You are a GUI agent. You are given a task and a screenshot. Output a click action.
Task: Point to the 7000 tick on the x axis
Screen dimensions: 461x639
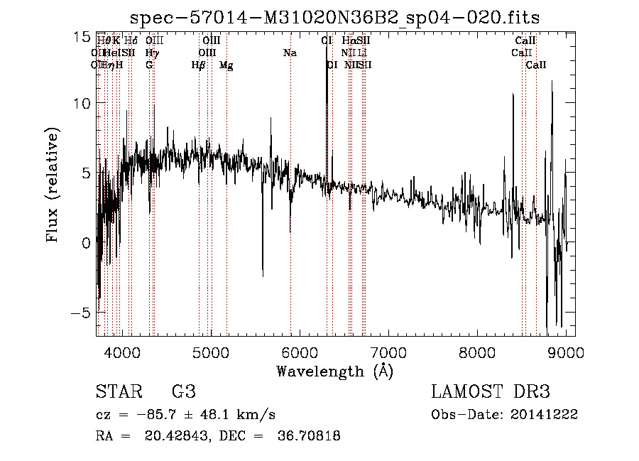click(388, 352)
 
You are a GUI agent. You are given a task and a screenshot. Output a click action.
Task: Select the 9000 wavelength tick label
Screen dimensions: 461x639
click(567, 352)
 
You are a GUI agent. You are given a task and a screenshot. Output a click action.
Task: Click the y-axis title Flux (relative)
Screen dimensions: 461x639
click(53, 185)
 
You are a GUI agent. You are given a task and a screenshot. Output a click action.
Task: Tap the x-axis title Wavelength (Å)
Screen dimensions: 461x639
click(334, 371)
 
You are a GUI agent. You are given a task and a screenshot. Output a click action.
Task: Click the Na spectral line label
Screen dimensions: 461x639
click(290, 53)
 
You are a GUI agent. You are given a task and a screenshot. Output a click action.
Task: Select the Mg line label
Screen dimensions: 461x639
click(226, 65)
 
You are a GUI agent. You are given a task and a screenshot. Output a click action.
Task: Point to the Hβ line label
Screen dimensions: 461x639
click(198, 65)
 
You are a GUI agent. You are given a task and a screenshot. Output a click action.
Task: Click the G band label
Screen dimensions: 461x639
click(149, 65)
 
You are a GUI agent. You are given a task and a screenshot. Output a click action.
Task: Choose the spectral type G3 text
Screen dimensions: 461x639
click(184, 392)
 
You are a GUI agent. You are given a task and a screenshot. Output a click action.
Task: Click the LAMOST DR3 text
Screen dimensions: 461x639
click(491, 392)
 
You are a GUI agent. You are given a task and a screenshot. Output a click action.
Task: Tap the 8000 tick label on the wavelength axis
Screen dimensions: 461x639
click(477, 352)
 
